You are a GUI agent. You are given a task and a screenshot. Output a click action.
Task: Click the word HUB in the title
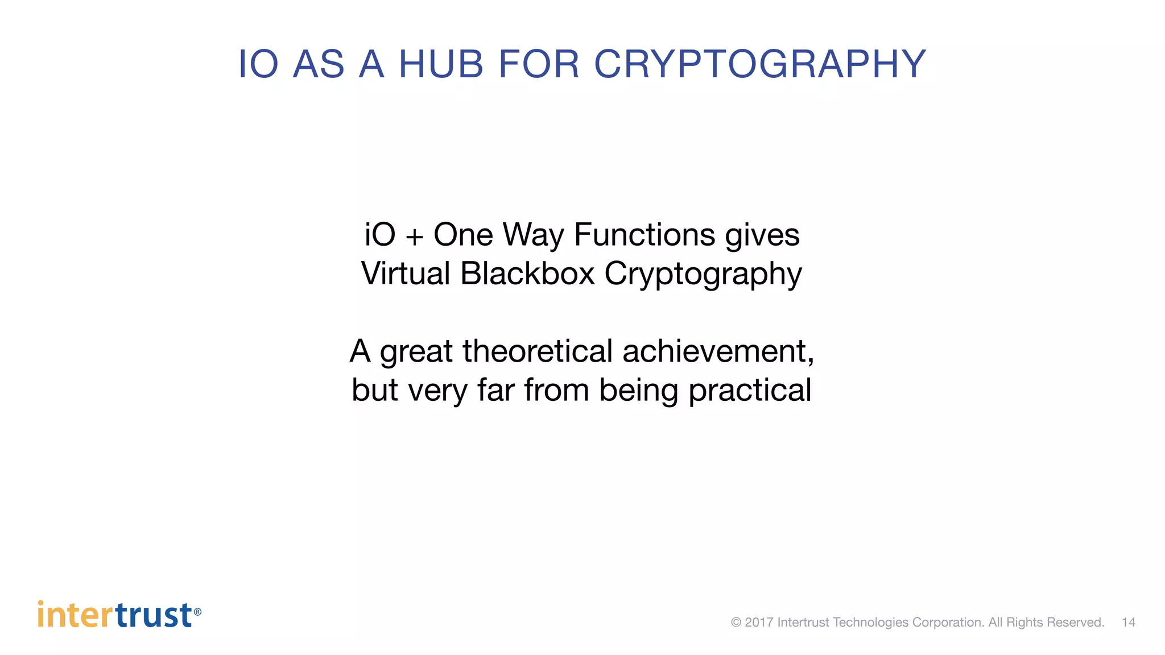click(x=441, y=64)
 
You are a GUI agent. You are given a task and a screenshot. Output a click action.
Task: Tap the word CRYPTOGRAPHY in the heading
click(x=760, y=64)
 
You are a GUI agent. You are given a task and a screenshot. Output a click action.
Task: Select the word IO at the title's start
click(x=258, y=64)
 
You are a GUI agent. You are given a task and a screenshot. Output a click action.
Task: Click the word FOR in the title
click(x=539, y=64)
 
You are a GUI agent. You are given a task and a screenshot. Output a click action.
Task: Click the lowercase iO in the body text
click(x=379, y=234)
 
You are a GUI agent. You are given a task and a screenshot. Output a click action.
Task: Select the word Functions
click(x=644, y=234)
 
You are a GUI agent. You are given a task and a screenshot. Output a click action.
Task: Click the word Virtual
click(x=406, y=273)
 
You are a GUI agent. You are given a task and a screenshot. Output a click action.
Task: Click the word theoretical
click(x=537, y=351)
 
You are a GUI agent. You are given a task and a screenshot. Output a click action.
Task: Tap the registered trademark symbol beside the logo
click(x=197, y=612)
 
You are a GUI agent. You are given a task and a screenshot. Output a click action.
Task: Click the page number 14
click(x=1128, y=622)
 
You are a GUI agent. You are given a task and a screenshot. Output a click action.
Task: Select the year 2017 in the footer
click(x=759, y=622)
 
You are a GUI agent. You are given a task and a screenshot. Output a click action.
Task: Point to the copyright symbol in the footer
click(x=736, y=622)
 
